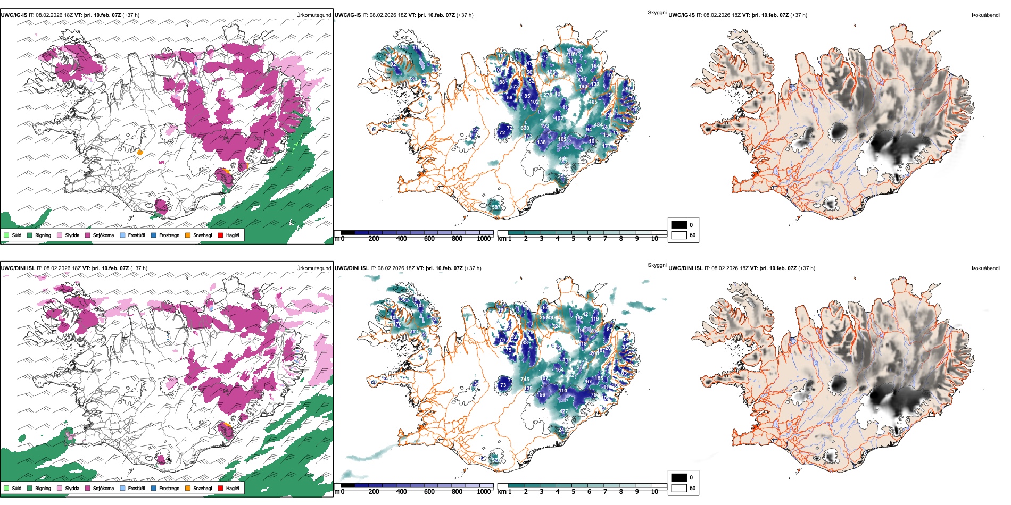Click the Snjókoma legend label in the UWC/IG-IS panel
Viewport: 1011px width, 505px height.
(x=103, y=235)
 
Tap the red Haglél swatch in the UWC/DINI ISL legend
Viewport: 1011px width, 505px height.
(x=221, y=488)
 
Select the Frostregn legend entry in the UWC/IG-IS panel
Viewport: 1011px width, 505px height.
(x=169, y=235)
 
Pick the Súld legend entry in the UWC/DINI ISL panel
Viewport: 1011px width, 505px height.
(x=16, y=488)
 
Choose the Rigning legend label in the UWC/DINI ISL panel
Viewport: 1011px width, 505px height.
(x=43, y=488)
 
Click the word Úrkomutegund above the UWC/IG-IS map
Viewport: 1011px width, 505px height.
(x=313, y=15)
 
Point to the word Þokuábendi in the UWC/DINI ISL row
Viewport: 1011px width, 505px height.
(x=985, y=268)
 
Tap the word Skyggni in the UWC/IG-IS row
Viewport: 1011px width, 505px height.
(x=657, y=12)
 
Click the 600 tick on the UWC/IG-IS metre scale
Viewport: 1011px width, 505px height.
(x=429, y=239)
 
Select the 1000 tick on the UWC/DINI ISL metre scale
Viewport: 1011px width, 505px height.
(x=484, y=492)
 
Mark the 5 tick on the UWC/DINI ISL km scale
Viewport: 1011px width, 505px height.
(x=573, y=492)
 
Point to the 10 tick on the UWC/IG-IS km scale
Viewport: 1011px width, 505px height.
(x=654, y=239)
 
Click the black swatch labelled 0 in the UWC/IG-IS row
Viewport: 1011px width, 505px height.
(x=679, y=225)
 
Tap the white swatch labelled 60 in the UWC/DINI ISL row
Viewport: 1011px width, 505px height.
(x=679, y=488)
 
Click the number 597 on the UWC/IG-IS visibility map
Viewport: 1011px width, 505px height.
(x=496, y=207)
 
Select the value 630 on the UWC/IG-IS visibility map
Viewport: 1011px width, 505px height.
(x=525, y=128)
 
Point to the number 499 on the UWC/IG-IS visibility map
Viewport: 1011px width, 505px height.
(x=563, y=158)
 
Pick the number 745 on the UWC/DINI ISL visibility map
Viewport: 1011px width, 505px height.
(x=525, y=379)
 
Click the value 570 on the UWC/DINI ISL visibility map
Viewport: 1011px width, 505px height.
(x=496, y=460)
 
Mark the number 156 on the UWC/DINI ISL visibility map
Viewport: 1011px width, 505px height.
(x=541, y=394)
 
